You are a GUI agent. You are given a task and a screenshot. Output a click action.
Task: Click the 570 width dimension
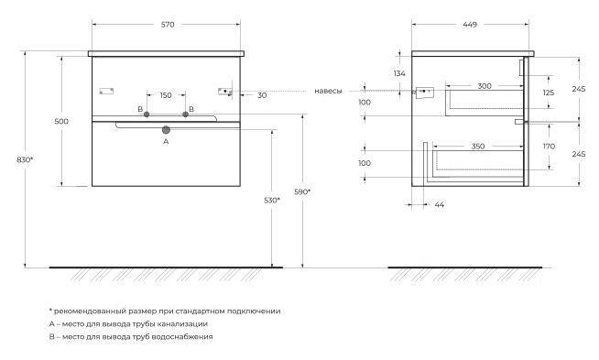(x=168, y=25)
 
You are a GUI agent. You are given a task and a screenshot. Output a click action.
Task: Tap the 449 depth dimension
(x=470, y=25)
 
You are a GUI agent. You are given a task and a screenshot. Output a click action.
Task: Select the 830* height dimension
(x=25, y=159)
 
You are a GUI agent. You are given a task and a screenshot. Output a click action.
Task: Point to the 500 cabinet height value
(x=61, y=121)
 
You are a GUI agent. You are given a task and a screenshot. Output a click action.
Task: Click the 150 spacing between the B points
(x=166, y=95)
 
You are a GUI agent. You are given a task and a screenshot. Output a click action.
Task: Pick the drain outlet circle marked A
(x=166, y=130)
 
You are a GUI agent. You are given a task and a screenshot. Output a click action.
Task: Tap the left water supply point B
(x=147, y=115)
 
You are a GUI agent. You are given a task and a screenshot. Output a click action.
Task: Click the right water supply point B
(x=186, y=115)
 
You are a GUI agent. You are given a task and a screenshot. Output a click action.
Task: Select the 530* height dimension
(x=272, y=200)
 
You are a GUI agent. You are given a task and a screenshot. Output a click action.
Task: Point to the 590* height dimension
(x=302, y=191)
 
